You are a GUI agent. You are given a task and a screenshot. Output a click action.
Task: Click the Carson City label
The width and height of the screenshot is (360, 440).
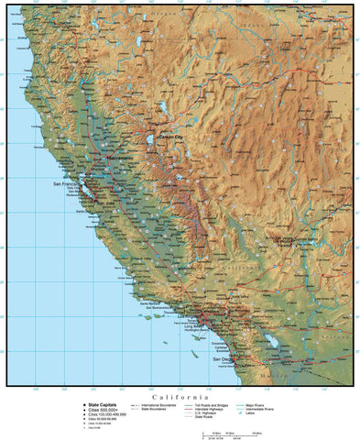pos(171,137)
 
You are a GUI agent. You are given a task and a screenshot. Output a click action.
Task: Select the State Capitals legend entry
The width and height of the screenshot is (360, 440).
pos(104,404)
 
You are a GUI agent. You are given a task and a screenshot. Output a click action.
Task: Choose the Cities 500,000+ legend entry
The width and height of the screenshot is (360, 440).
pos(104,410)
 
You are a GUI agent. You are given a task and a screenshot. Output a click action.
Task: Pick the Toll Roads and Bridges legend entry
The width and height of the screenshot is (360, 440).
pos(212,404)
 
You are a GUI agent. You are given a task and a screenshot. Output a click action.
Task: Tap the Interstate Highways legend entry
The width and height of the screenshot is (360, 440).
pos(212,409)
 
